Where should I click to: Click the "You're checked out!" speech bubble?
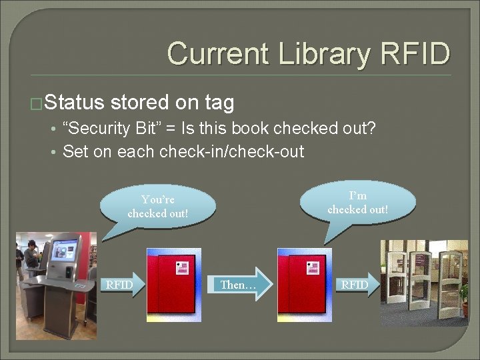157,207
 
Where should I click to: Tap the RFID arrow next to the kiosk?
123,285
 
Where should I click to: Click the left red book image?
173,285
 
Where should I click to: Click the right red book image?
304,285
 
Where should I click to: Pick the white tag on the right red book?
313,268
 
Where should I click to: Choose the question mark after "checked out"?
371,128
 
